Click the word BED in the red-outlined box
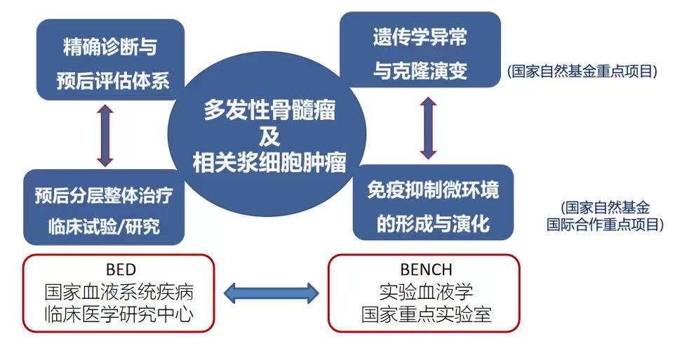click(121, 270)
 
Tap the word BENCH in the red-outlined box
click(426, 270)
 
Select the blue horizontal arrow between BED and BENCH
click(272, 293)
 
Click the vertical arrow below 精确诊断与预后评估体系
click(105, 135)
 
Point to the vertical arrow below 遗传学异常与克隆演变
click(428, 128)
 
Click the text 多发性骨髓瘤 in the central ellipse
click(269, 110)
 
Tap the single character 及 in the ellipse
click(269, 137)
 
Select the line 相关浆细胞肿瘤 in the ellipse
click(269, 163)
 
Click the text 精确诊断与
click(110, 46)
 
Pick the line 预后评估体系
click(113, 81)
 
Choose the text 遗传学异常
click(420, 36)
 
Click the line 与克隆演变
click(420, 70)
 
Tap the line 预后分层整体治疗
click(104, 195)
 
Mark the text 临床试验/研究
click(104, 226)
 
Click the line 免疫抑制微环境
click(433, 190)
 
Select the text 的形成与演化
click(433, 223)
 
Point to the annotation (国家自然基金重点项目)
click(582, 71)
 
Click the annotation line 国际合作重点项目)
click(605, 225)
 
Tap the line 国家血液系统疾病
click(119, 293)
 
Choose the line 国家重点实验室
click(426, 314)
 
